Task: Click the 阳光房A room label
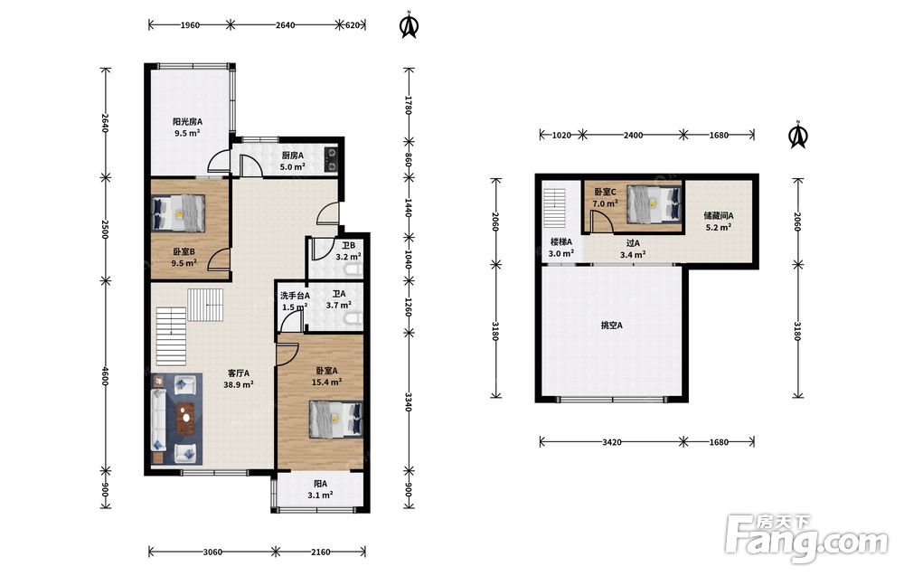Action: [187, 122]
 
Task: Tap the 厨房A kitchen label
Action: [292, 156]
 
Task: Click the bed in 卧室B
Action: [179, 212]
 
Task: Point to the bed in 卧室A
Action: [336, 420]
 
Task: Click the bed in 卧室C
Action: [654, 203]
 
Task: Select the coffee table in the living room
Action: [185, 418]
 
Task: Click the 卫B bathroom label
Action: [348, 246]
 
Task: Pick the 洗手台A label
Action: [295, 296]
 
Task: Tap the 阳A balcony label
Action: [320, 485]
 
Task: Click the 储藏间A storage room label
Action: [719, 216]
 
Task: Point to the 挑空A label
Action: [612, 326]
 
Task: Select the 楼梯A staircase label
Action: [561, 242]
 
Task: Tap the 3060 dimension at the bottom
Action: [212, 552]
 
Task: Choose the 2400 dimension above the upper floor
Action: [633, 136]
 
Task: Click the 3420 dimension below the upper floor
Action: [612, 442]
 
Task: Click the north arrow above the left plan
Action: [410, 24]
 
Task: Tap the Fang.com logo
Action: [807, 539]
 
